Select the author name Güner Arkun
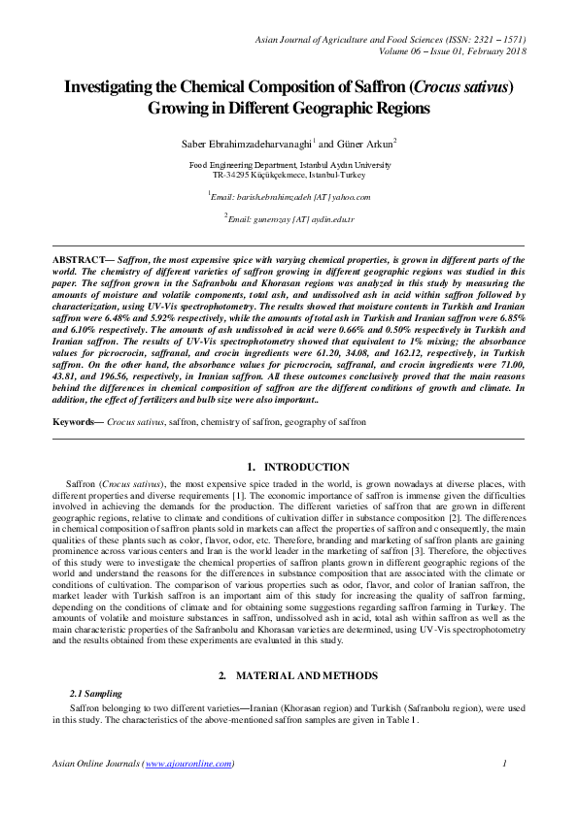(x=367, y=144)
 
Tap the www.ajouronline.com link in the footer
(x=190, y=764)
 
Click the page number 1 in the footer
(x=506, y=764)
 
